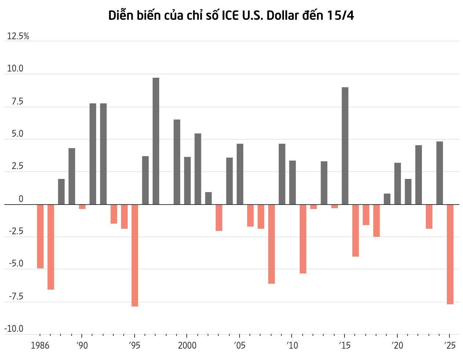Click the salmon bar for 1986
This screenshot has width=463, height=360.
point(40,236)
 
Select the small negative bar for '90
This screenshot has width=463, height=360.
point(82,206)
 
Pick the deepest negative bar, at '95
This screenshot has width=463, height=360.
point(135,255)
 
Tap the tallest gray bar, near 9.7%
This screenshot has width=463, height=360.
point(156,141)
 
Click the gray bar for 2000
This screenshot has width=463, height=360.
point(187,180)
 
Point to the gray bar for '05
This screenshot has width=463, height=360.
point(240,174)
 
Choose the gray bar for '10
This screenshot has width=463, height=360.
point(292,182)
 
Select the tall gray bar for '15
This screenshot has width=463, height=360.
point(345,146)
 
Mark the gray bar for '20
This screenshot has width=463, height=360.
point(398,183)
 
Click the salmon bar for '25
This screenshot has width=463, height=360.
point(450,254)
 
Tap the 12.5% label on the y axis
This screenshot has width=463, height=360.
point(18,36)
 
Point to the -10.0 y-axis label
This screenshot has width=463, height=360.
point(14,328)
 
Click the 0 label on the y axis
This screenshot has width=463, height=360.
point(21,199)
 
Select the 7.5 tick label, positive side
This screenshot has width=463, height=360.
point(17,101)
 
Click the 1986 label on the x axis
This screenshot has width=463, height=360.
point(40,345)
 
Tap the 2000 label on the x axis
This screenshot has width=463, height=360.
point(187,345)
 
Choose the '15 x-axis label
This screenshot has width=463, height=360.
point(344,345)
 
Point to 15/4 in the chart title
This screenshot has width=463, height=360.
point(341,15)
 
